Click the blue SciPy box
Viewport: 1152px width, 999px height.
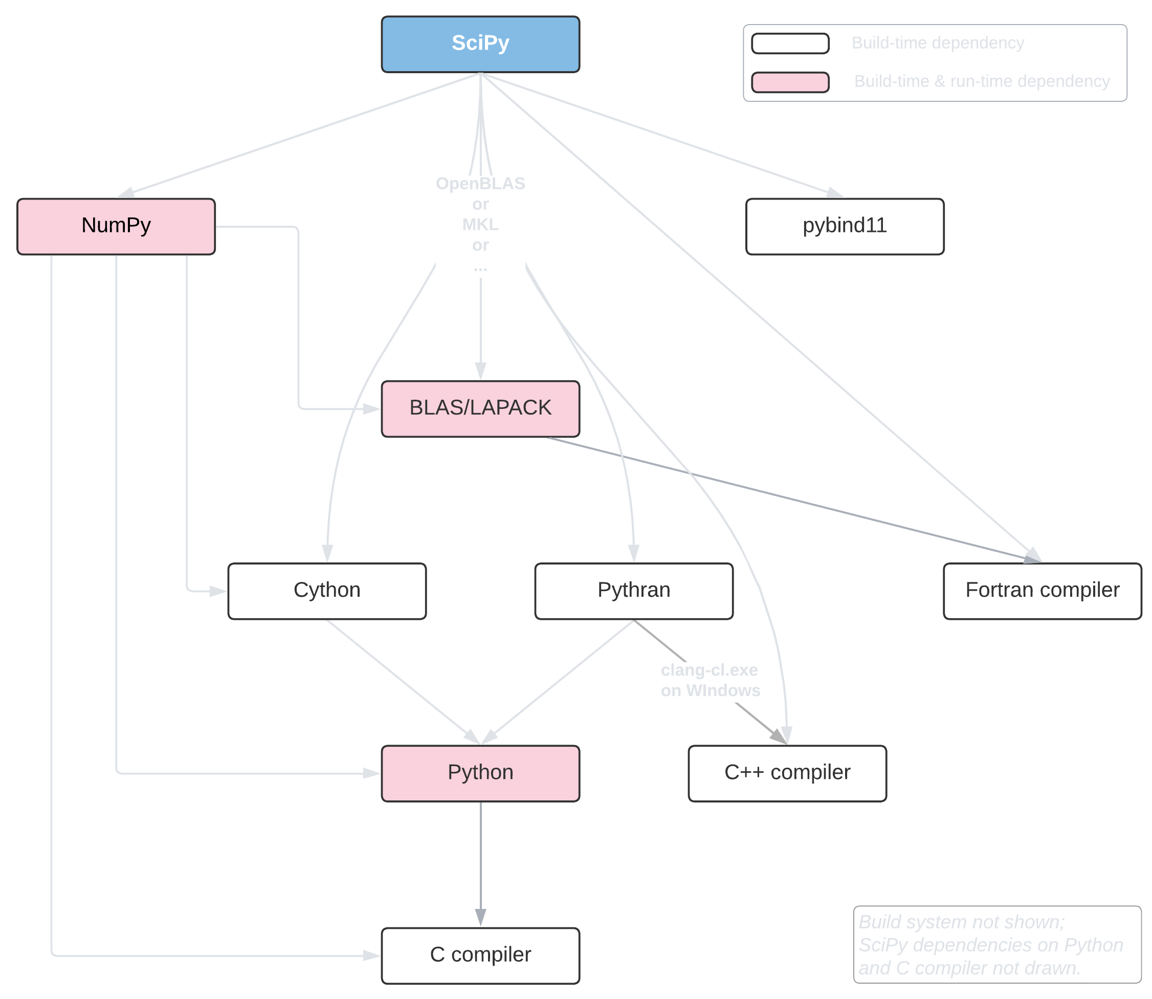[x=480, y=44]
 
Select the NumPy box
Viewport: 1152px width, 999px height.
[x=116, y=226]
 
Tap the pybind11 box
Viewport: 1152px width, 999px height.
[x=845, y=226]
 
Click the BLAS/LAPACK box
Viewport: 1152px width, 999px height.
[x=480, y=408]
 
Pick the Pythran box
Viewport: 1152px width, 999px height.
[x=634, y=591]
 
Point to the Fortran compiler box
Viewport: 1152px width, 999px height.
[x=1042, y=591]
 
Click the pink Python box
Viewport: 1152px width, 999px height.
[x=480, y=773]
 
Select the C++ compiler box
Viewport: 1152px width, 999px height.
[x=787, y=773]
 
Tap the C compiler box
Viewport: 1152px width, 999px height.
[x=480, y=955]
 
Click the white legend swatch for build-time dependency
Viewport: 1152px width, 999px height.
[x=790, y=44]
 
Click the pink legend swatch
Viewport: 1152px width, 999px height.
[x=790, y=82]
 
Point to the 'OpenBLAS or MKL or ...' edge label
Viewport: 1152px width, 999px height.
[x=480, y=224]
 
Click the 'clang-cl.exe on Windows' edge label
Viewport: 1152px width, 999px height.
[x=710, y=680]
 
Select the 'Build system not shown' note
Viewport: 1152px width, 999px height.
[x=997, y=945]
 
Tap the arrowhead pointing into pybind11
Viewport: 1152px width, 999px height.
[x=835, y=193]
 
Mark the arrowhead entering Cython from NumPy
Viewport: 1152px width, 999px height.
[x=218, y=591]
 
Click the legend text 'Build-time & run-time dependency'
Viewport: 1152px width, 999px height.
[x=982, y=81]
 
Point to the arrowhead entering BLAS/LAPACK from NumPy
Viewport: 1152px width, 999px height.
[x=372, y=408]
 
